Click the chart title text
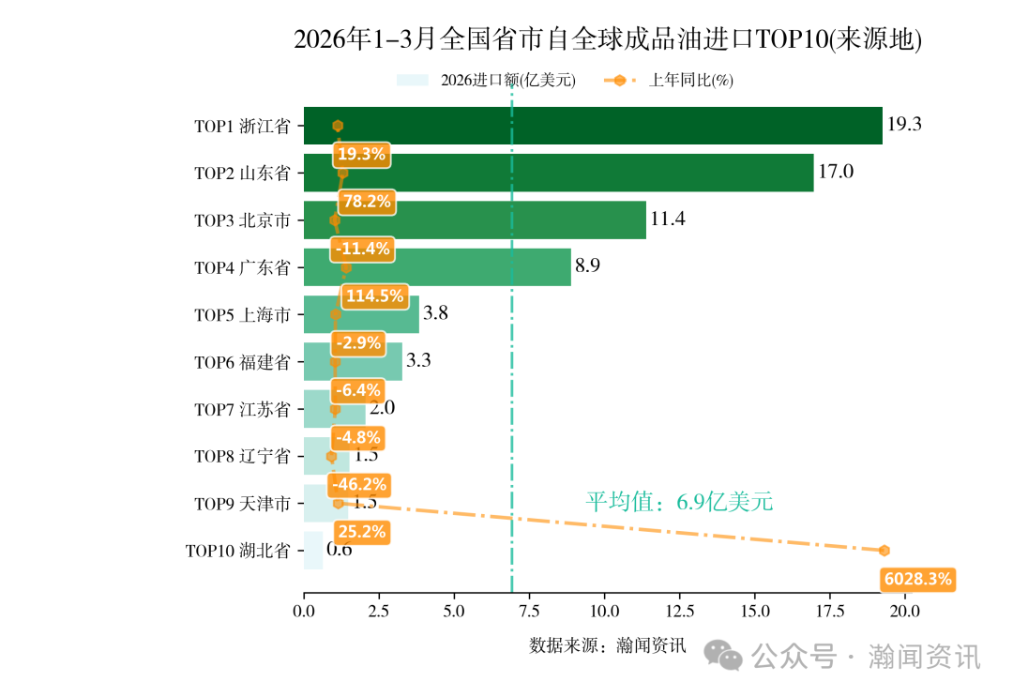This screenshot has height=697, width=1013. point(608,40)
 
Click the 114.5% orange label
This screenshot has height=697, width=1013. point(374,296)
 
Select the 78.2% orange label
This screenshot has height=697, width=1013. point(367,202)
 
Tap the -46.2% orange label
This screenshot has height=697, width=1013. point(359,485)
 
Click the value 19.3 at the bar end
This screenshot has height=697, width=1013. point(904,125)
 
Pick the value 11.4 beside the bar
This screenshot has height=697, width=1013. point(668,220)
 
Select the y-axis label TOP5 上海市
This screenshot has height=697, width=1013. point(242,315)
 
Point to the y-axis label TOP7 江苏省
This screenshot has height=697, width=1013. point(242,410)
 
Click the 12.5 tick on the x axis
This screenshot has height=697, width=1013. point(680,612)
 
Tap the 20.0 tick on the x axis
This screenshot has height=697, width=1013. point(905,612)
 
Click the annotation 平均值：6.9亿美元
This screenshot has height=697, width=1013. point(679,502)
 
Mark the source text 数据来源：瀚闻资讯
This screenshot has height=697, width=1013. point(608,645)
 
